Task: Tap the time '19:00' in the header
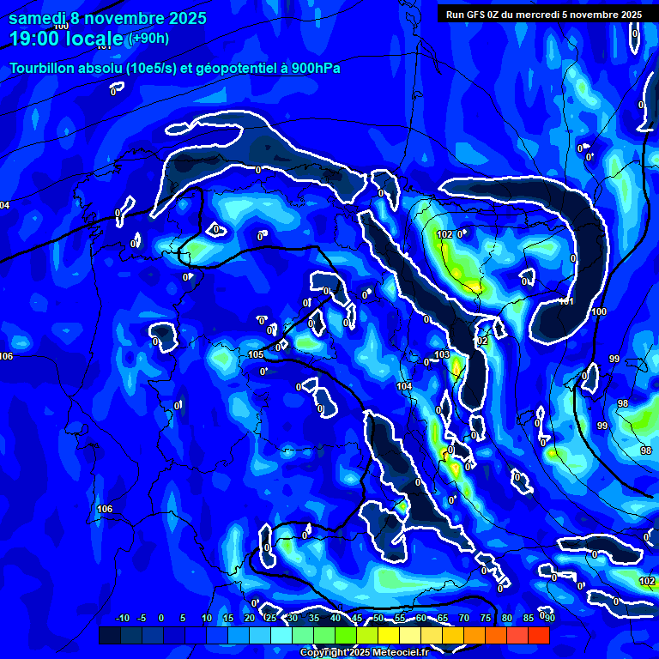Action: (x=36, y=39)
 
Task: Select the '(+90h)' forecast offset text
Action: (x=148, y=39)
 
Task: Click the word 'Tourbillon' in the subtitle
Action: (x=43, y=68)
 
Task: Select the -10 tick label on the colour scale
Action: (x=122, y=619)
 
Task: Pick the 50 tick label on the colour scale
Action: (x=378, y=619)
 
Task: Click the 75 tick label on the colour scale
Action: (x=486, y=619)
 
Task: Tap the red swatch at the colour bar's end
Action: (x=539, y=635)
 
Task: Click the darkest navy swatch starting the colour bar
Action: (x=110, y=635)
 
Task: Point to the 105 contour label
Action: (x=255, y=354)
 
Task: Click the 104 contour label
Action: (x=404, y=387)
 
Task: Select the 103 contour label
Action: (x=442, y=354)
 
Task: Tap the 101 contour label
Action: (x=566, y=301)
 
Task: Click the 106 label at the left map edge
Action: (x=7, y=356)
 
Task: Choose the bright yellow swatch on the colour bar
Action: (x=389, y=635)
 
